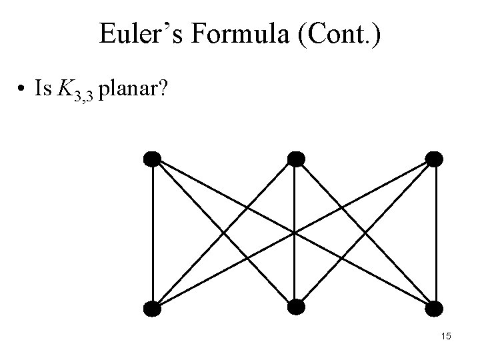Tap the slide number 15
(445, 337)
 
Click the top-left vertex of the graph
(153, 159)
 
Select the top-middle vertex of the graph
(295, 159)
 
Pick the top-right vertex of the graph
(433, 159)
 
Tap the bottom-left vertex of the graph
(153, 308)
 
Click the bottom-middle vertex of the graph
(295, 307)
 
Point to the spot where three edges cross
(294, 233)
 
